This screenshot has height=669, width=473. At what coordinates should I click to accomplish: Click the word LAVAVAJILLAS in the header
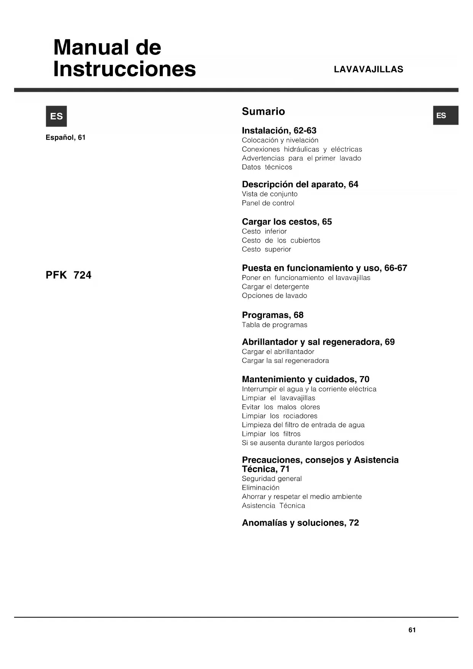click(x=368, y=69)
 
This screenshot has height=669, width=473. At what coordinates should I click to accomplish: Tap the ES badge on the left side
click(x=56, y=116)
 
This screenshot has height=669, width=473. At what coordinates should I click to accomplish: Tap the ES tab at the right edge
click(x=445, y=115)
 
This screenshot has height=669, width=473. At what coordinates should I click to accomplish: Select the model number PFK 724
click(x=69, y=275)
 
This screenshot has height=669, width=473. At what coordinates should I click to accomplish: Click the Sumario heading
click(x=263, y=111)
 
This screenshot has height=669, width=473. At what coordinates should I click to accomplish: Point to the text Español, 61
click(x=66, y=137)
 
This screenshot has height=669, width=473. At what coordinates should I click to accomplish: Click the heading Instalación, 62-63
click(x=279, y=130)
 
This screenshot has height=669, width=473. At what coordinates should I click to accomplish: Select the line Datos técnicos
click(x=267, y=167)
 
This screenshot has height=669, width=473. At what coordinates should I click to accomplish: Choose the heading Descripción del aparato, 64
click(x=300, y=184)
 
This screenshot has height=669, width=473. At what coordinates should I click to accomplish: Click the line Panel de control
click(x=268, y=203)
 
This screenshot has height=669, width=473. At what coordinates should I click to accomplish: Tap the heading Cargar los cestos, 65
click(x=287, y=222)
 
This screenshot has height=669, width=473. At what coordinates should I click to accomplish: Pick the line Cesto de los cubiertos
click(x=281, y=240)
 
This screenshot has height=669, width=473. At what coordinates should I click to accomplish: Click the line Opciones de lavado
click(x=274, y=296)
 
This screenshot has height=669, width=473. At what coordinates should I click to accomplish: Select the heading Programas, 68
click(x=273, y=315)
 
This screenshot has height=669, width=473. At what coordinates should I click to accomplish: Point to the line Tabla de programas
click(x=274, y=325)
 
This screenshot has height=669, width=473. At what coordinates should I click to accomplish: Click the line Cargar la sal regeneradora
click(x=285, y=360)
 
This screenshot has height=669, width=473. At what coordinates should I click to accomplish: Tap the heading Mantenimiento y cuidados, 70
click(x=305, y=379)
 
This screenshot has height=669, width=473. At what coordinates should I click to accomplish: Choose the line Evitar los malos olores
click(x=281, y=407)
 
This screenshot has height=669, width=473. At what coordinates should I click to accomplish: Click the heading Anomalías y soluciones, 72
click(x=300, y=523)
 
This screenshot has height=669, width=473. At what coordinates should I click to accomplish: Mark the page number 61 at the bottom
click(x=412, y=630)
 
